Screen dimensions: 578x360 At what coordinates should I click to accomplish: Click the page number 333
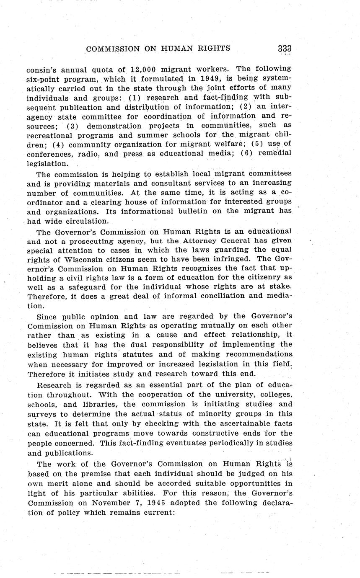[284, 49]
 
